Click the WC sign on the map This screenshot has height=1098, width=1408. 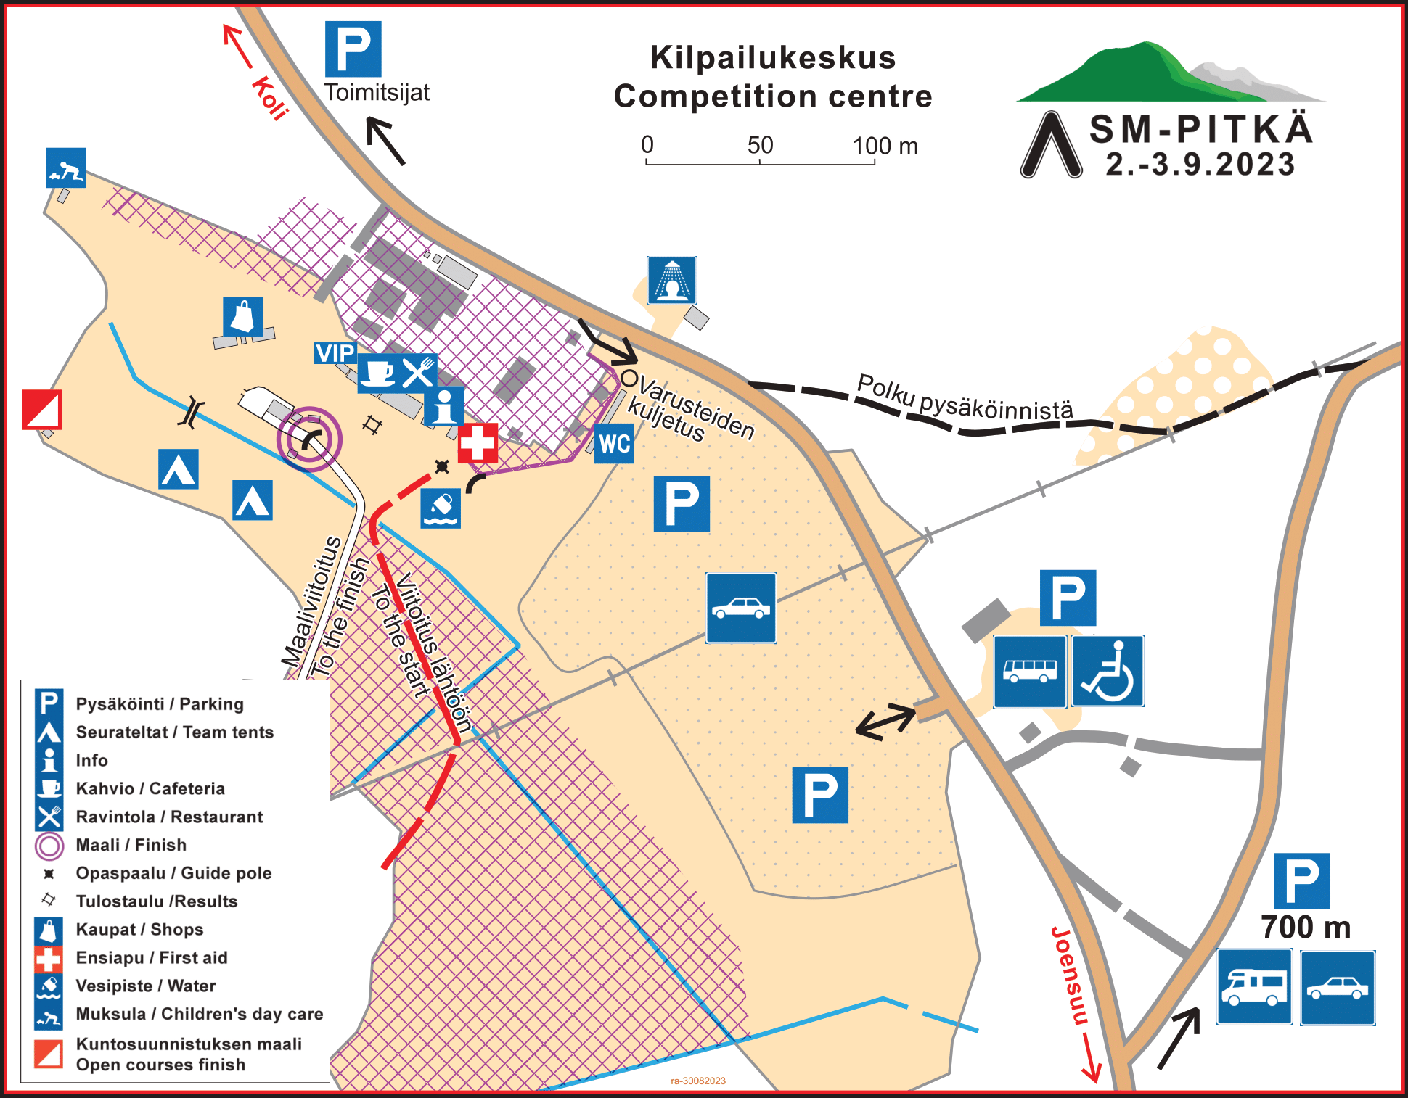(x=614, y=443)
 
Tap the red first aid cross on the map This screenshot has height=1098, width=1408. (x=478, y=442)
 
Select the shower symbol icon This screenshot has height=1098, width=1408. (x=672, y=280)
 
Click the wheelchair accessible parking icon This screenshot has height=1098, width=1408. (x=1108, y=671)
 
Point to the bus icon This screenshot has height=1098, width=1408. (x=1030, y=671)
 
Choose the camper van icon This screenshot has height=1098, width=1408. (x=1254, y=987)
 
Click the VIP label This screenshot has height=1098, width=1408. (x=335, y=353)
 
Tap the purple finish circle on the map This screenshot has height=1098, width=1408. (x=309, y=439)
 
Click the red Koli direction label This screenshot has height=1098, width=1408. (x=270, y=97)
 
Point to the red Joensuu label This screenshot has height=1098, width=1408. (x=1071, y=975)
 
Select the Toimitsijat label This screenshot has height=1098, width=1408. (x=377, y=93)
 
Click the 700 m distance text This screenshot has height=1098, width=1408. (x=1306, y=928)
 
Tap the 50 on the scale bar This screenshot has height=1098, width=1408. (x=760, y=145)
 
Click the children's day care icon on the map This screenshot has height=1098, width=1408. (x=66, y=168)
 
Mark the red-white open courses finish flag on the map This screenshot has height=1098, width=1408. (x=42, y=410)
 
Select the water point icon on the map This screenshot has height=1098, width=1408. (x=441, y=508)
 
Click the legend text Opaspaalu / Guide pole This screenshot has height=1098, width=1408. (x=173, y=873)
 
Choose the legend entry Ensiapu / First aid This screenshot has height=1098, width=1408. (x=152, y=958)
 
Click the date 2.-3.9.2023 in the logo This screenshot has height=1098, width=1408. (x=1200, y=165)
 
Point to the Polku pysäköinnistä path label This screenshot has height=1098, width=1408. (x=965, y=398)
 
